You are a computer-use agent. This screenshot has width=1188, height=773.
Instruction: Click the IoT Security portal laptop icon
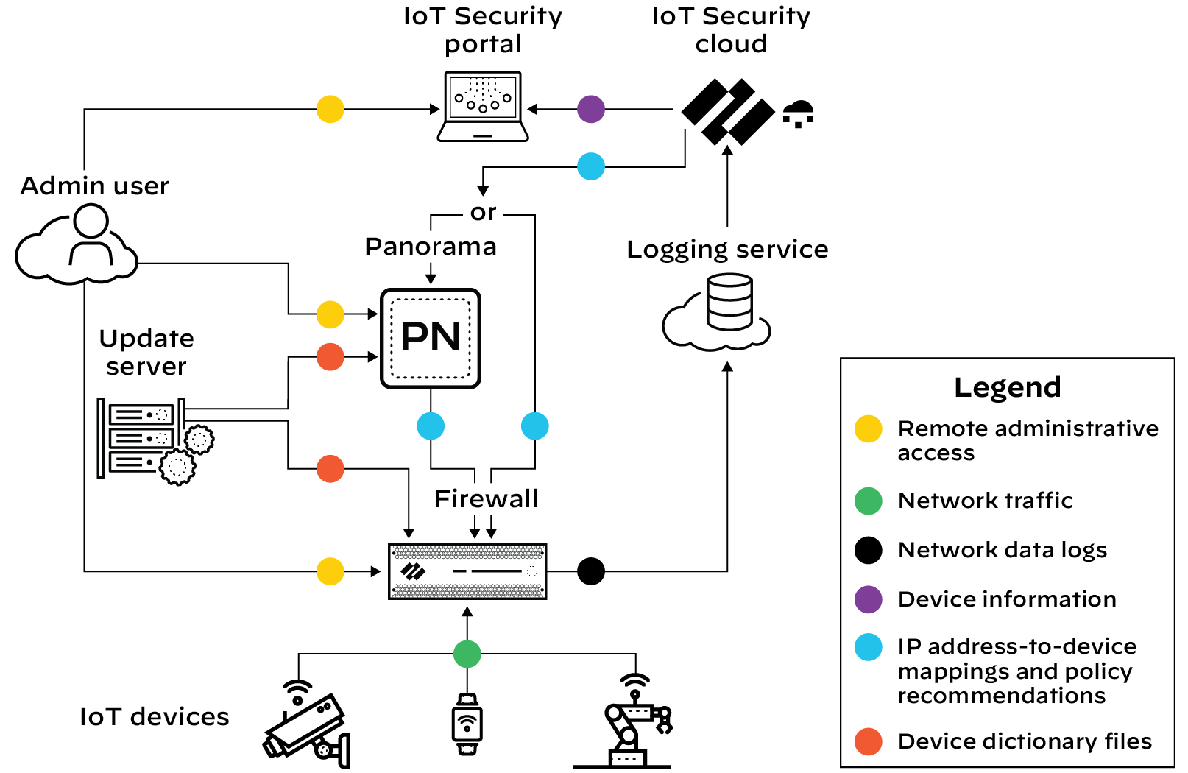(483, 107)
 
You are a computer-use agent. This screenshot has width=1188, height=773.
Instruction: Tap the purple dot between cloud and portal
(591, 109)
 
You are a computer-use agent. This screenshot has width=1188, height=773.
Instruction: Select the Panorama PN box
(431, 338)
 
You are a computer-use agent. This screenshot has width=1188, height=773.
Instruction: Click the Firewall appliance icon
(467, 571)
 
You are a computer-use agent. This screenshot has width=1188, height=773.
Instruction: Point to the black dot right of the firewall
(591, 571)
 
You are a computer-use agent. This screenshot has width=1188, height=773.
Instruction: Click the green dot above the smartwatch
(467, 654)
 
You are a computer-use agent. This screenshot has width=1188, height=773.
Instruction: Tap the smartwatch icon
(467, 724)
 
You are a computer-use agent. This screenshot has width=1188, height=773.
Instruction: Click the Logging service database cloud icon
(718, 313)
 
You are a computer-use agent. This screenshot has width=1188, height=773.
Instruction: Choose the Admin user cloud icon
(77, 247)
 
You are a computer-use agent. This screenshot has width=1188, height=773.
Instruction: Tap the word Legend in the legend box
(1007, 387)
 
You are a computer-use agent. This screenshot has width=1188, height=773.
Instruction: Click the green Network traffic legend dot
(869, 501)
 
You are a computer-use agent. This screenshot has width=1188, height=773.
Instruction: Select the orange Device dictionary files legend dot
(869, 741)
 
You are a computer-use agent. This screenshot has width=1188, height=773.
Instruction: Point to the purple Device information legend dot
(869, 599)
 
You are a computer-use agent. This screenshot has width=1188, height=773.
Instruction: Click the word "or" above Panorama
(483, 213)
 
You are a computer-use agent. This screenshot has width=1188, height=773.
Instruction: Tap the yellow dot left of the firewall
(330, 571)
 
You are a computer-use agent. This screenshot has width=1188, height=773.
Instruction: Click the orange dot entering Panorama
(330, 357)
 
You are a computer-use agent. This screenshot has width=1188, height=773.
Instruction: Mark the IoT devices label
(155, 717)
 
